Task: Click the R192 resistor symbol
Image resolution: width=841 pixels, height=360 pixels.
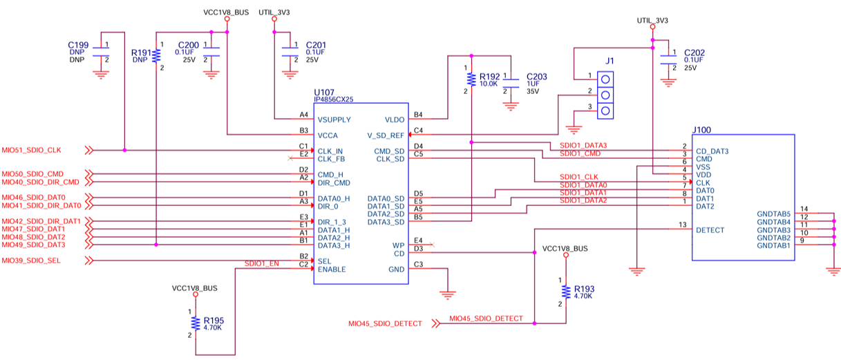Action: tap(471, 79)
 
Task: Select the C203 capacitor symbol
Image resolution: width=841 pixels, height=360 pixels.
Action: tap(511, 84)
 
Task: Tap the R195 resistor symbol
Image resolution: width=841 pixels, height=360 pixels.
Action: tap(196, 323)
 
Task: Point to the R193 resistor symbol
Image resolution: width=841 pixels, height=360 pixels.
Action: tap(566, 292)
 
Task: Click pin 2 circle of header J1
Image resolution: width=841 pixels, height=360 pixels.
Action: tap(605, 95)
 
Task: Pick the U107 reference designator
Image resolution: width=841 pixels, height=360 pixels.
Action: tap(324, 93)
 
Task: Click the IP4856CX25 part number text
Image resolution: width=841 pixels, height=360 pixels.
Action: tap(334, 100)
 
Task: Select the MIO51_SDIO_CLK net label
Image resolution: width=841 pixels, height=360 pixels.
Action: tap(31, 150)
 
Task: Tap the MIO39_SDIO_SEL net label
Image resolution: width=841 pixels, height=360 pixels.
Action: tap(31, 260)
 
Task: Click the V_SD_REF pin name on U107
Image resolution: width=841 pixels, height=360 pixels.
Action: tap(386, 135)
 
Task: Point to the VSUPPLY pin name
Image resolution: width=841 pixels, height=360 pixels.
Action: tap(334, 120)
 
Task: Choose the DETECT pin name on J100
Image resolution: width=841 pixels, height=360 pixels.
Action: tap(710, 230)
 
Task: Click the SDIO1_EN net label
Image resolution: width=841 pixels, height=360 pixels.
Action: tap(262, 263)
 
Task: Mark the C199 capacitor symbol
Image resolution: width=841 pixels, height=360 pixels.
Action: tap(101, 52)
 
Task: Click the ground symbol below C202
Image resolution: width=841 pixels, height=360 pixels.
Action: tap(668, 83)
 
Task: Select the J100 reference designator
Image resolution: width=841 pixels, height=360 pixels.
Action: tap(701, 130)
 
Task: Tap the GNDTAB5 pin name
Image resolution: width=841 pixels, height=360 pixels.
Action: tap(773, 214)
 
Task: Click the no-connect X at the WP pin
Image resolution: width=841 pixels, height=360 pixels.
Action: tap(432, 245)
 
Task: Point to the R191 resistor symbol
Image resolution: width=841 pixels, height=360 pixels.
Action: tap(156, 55)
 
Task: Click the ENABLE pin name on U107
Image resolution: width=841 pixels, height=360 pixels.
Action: tap(332, 269)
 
